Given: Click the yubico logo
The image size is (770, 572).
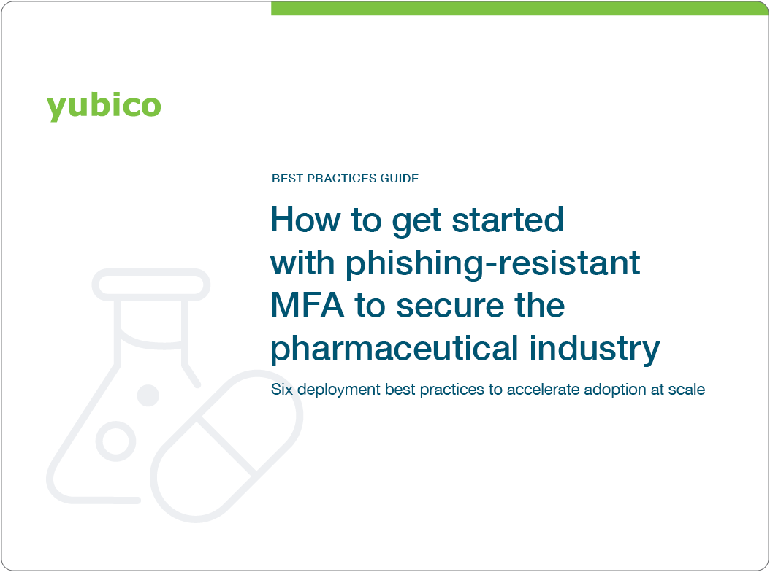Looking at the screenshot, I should (x=104, y=106).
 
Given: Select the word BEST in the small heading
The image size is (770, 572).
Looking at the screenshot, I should (x=285, y=178).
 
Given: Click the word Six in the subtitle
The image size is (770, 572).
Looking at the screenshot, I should (x=281, y=390).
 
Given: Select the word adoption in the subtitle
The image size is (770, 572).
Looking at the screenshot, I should (x=610, y=390).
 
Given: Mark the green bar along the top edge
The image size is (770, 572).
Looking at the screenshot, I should (x=519, y=8).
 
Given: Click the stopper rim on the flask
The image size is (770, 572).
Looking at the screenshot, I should (x=150, y=285).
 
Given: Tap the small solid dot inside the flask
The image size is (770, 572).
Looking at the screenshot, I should (x=148, y=395).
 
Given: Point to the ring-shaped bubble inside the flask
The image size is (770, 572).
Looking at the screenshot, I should (x=116, y=440).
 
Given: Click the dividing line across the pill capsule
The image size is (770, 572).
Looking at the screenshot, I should (x=227, y=447).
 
